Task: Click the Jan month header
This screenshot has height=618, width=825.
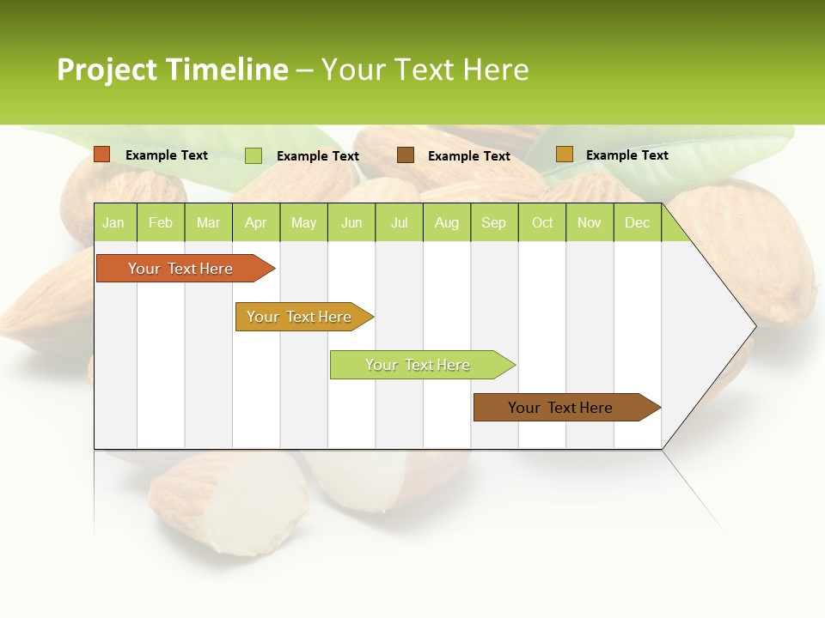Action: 114,222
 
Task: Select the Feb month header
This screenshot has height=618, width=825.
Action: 161,222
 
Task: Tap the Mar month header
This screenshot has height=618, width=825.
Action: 208,222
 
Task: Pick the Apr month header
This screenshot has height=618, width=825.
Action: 256,222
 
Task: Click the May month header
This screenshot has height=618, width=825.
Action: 303,222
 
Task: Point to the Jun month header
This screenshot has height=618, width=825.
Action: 351,222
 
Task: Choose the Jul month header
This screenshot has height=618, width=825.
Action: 399,222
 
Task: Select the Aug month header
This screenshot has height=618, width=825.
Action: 447,222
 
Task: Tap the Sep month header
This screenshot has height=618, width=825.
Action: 494,222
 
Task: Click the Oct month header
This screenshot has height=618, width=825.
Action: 542,222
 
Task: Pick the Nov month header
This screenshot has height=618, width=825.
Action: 590,222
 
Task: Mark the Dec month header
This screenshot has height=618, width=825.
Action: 638,222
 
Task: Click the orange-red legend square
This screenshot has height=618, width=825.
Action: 102,154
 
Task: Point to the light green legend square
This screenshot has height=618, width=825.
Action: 254,155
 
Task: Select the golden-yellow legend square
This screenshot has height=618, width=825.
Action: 564,154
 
